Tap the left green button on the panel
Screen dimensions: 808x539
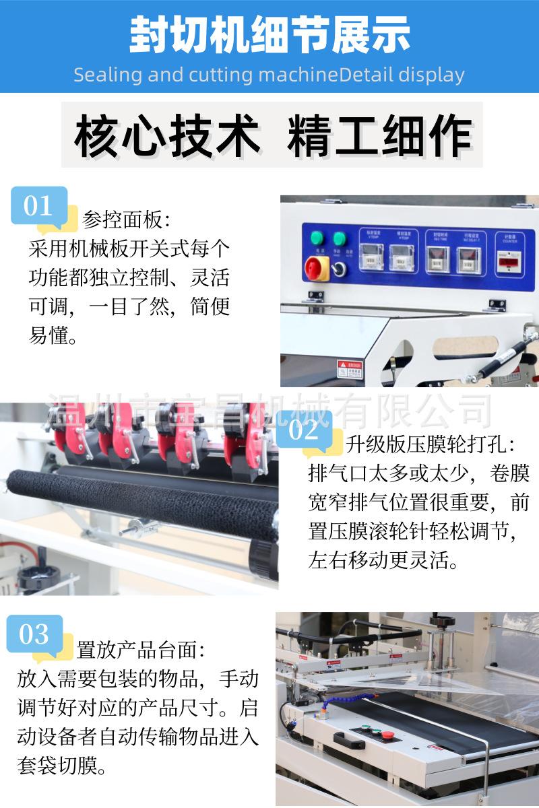[315, 238]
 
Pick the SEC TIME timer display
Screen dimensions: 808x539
[437, 259]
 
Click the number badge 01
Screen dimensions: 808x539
[38, 205]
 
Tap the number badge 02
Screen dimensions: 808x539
[303, 430]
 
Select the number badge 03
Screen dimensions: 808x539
[34, 634]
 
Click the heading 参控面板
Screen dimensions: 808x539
[126, 220]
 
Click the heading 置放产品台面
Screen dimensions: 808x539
[140, 650]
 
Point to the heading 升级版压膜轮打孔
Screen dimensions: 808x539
[431, 444]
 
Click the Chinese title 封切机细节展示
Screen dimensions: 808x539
[269, 35]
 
